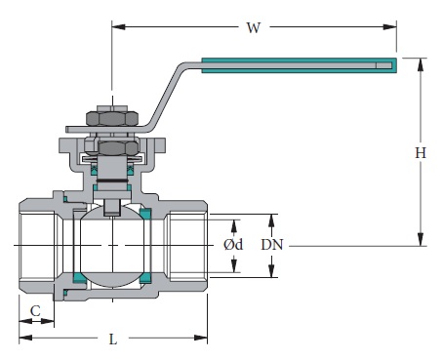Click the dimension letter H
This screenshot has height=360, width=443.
421,153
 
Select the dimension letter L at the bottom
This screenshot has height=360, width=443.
113,340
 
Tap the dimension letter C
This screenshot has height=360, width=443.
35,311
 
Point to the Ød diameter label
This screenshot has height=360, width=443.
233,245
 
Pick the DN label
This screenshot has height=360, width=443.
274,245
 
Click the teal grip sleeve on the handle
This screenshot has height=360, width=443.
299,66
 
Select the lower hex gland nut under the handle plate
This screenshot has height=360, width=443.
112,149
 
